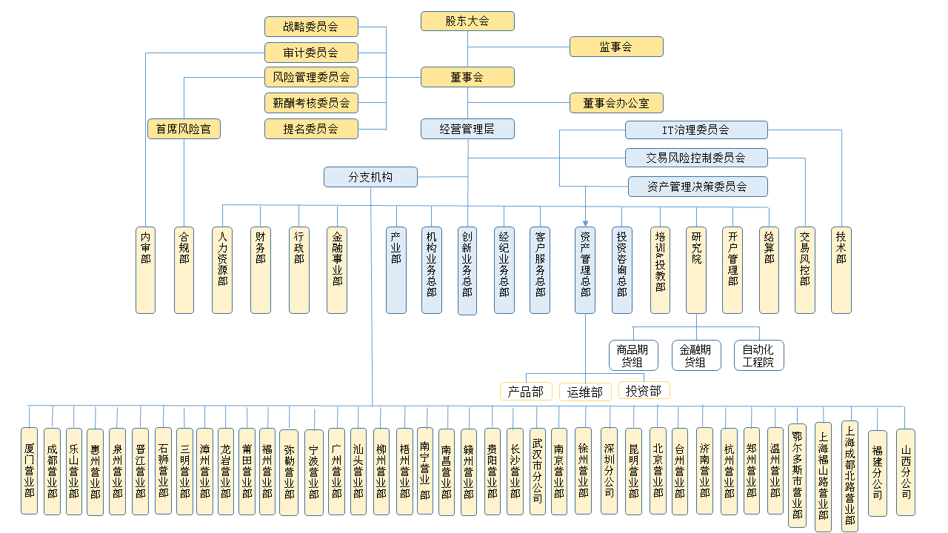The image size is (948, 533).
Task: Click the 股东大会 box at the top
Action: pyautogui.click(x=467, y=21)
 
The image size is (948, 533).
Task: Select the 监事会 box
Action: pyautogui.click(x=616, y=47)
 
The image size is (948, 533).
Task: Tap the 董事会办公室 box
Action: pyautogui.click(x=616, y=103)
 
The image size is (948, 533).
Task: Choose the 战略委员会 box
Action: pyautogui.click(x=311, y=27)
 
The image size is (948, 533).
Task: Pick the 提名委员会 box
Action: pyautogui.click(x=311, y=129)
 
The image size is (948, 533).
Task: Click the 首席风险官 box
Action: pyautogui.click(x=184, y=129)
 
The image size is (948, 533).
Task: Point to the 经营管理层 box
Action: pyautogui.click(x=467, y=129)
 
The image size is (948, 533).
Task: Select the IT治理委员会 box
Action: pyautogui.click(x=696, y=130)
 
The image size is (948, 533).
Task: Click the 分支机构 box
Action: pyautogui.click(x=370, y=177)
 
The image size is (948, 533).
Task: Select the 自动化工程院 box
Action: pyautogui.click(x=759, y=355)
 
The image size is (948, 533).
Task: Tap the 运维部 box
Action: pyautogui.click(x=585, y=392)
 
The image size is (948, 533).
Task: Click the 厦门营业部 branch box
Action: pyautogui.click(x=30, y=471)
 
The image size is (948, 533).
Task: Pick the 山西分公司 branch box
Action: pyautogui.click(x=906, y=472)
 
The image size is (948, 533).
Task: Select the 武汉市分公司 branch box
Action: pyautogui.click(x=538, y=471)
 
